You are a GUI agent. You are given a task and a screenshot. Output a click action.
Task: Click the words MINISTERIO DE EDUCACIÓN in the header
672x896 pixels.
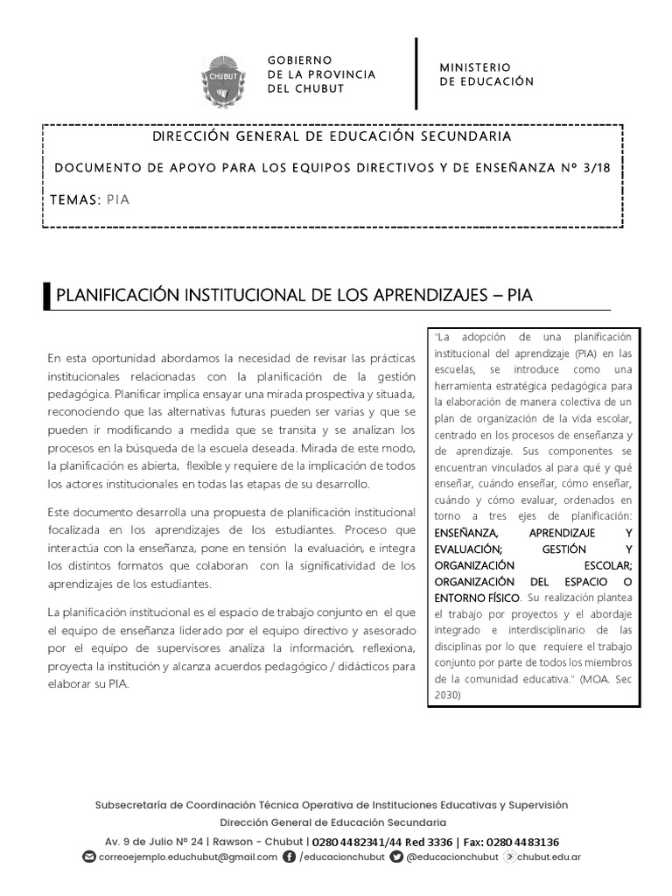pyautogui.click(x=486, y=74)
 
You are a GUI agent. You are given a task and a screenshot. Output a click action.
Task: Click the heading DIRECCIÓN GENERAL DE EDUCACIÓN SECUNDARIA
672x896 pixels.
pyautogui.click(x=332, y=136)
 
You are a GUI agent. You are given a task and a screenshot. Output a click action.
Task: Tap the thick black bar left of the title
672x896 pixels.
pyautogui.click(x=46, y=297)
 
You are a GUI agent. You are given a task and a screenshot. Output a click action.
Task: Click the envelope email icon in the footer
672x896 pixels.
pyautogui.click(x=88, y=857)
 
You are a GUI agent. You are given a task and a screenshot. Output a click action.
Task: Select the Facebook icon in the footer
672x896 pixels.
pyautogui.click(x=290, y=857)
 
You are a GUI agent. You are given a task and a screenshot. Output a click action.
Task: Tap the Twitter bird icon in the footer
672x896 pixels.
pyautogui.click(x=397, y=857)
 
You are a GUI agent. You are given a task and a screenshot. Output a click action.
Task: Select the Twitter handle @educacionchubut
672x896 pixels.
pyautogui.click(x=452, y=857)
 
